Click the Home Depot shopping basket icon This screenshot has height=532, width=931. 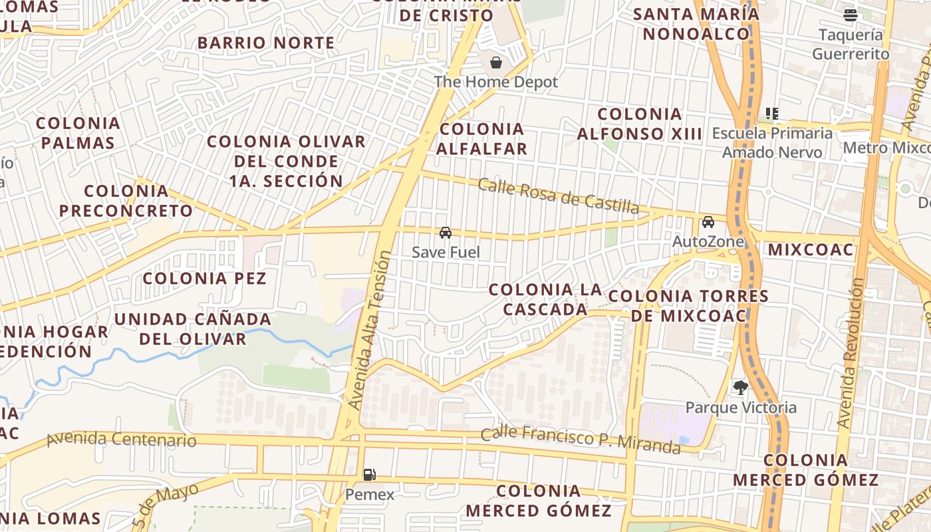pyautogui.click(x=496, y=63)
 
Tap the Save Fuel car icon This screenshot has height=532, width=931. pyautogui.click(x=446, y=232)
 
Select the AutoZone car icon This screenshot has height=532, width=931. pyautogui.click(x=708, y=221)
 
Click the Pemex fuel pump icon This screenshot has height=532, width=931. pyautogui.click(x=369, y=474)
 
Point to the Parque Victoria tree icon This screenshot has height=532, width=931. pyautogui.click(x=739, y=387)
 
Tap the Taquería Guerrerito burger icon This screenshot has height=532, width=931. pyautogui.click(x=850, y=15)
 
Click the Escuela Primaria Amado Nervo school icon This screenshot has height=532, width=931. pyautogui.click(x=771, y=114)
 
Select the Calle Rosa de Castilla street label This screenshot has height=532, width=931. pyautogui.click(x=559, y=196)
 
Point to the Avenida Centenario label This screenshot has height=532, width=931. pyautogui.click(x=122, y=439)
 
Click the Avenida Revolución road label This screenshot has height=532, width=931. pyautogui.click(x=851, y=352)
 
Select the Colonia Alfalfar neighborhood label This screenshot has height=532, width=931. pyautogui.click(x=481, y=138)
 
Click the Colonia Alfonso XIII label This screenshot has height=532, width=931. pyautogui.click(x=640, y=124)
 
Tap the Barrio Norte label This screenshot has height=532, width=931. pyautogui.click(x=266, y=43)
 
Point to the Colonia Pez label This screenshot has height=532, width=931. pyautogui.click(x=205, y=278)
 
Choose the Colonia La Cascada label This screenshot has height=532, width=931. pyautogui.click(x=545, y=299)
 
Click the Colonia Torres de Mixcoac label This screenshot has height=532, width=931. pyautogui.click(x=688, y=306)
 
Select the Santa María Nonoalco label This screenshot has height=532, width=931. pyautogui.click(x=696, y=23)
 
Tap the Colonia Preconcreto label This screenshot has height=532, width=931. pyautogui.click(x=126, y=201)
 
